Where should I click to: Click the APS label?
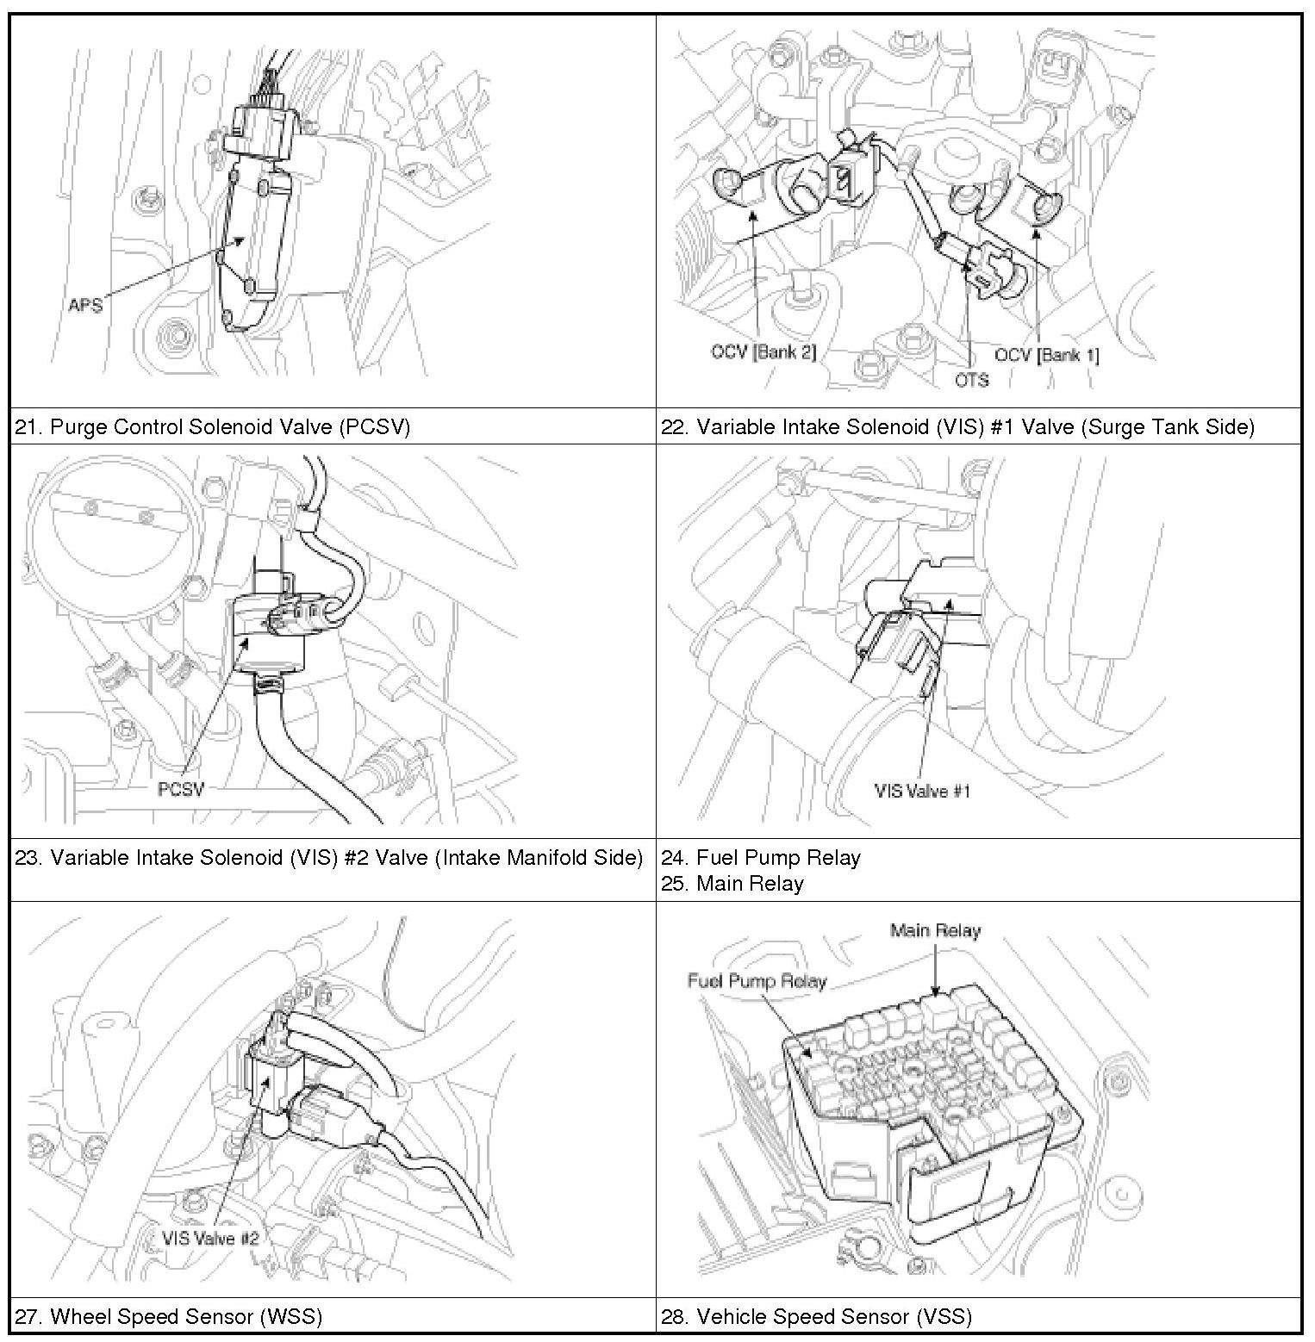(x=85, y=305)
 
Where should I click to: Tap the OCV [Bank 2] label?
(x=763, y=352)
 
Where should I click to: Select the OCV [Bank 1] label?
(x=1046, y=355)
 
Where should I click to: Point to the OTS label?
(x=971, y=380)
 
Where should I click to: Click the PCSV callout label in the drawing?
(x=181, y=789)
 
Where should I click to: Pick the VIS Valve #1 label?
(x=922, y=791)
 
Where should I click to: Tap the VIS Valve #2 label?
(x=210, y=1238)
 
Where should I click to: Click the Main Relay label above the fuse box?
(x=935, y=930)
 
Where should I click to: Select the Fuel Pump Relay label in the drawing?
(x=757, y=981)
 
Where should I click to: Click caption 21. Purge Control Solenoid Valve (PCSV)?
(x=213, y=426)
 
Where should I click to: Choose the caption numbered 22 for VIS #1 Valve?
(x=957, y=426)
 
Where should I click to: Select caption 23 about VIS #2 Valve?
(x=329, y=857)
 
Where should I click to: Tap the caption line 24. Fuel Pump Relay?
(x=761, y=857)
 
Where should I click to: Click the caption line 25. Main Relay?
(x=732, y=884)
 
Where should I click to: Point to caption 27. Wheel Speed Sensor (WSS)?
(x=169, y=1316)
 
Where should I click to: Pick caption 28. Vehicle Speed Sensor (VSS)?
(x=816, y=1316)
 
